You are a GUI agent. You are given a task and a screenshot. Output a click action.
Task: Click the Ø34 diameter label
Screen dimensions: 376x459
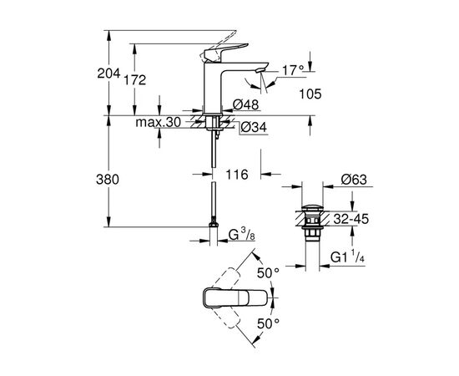(x=253, y=127)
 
